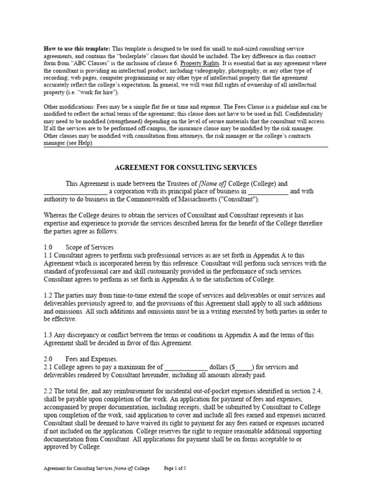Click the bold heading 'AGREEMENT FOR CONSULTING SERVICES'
[186, 168]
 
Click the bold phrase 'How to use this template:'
[77, 49]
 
